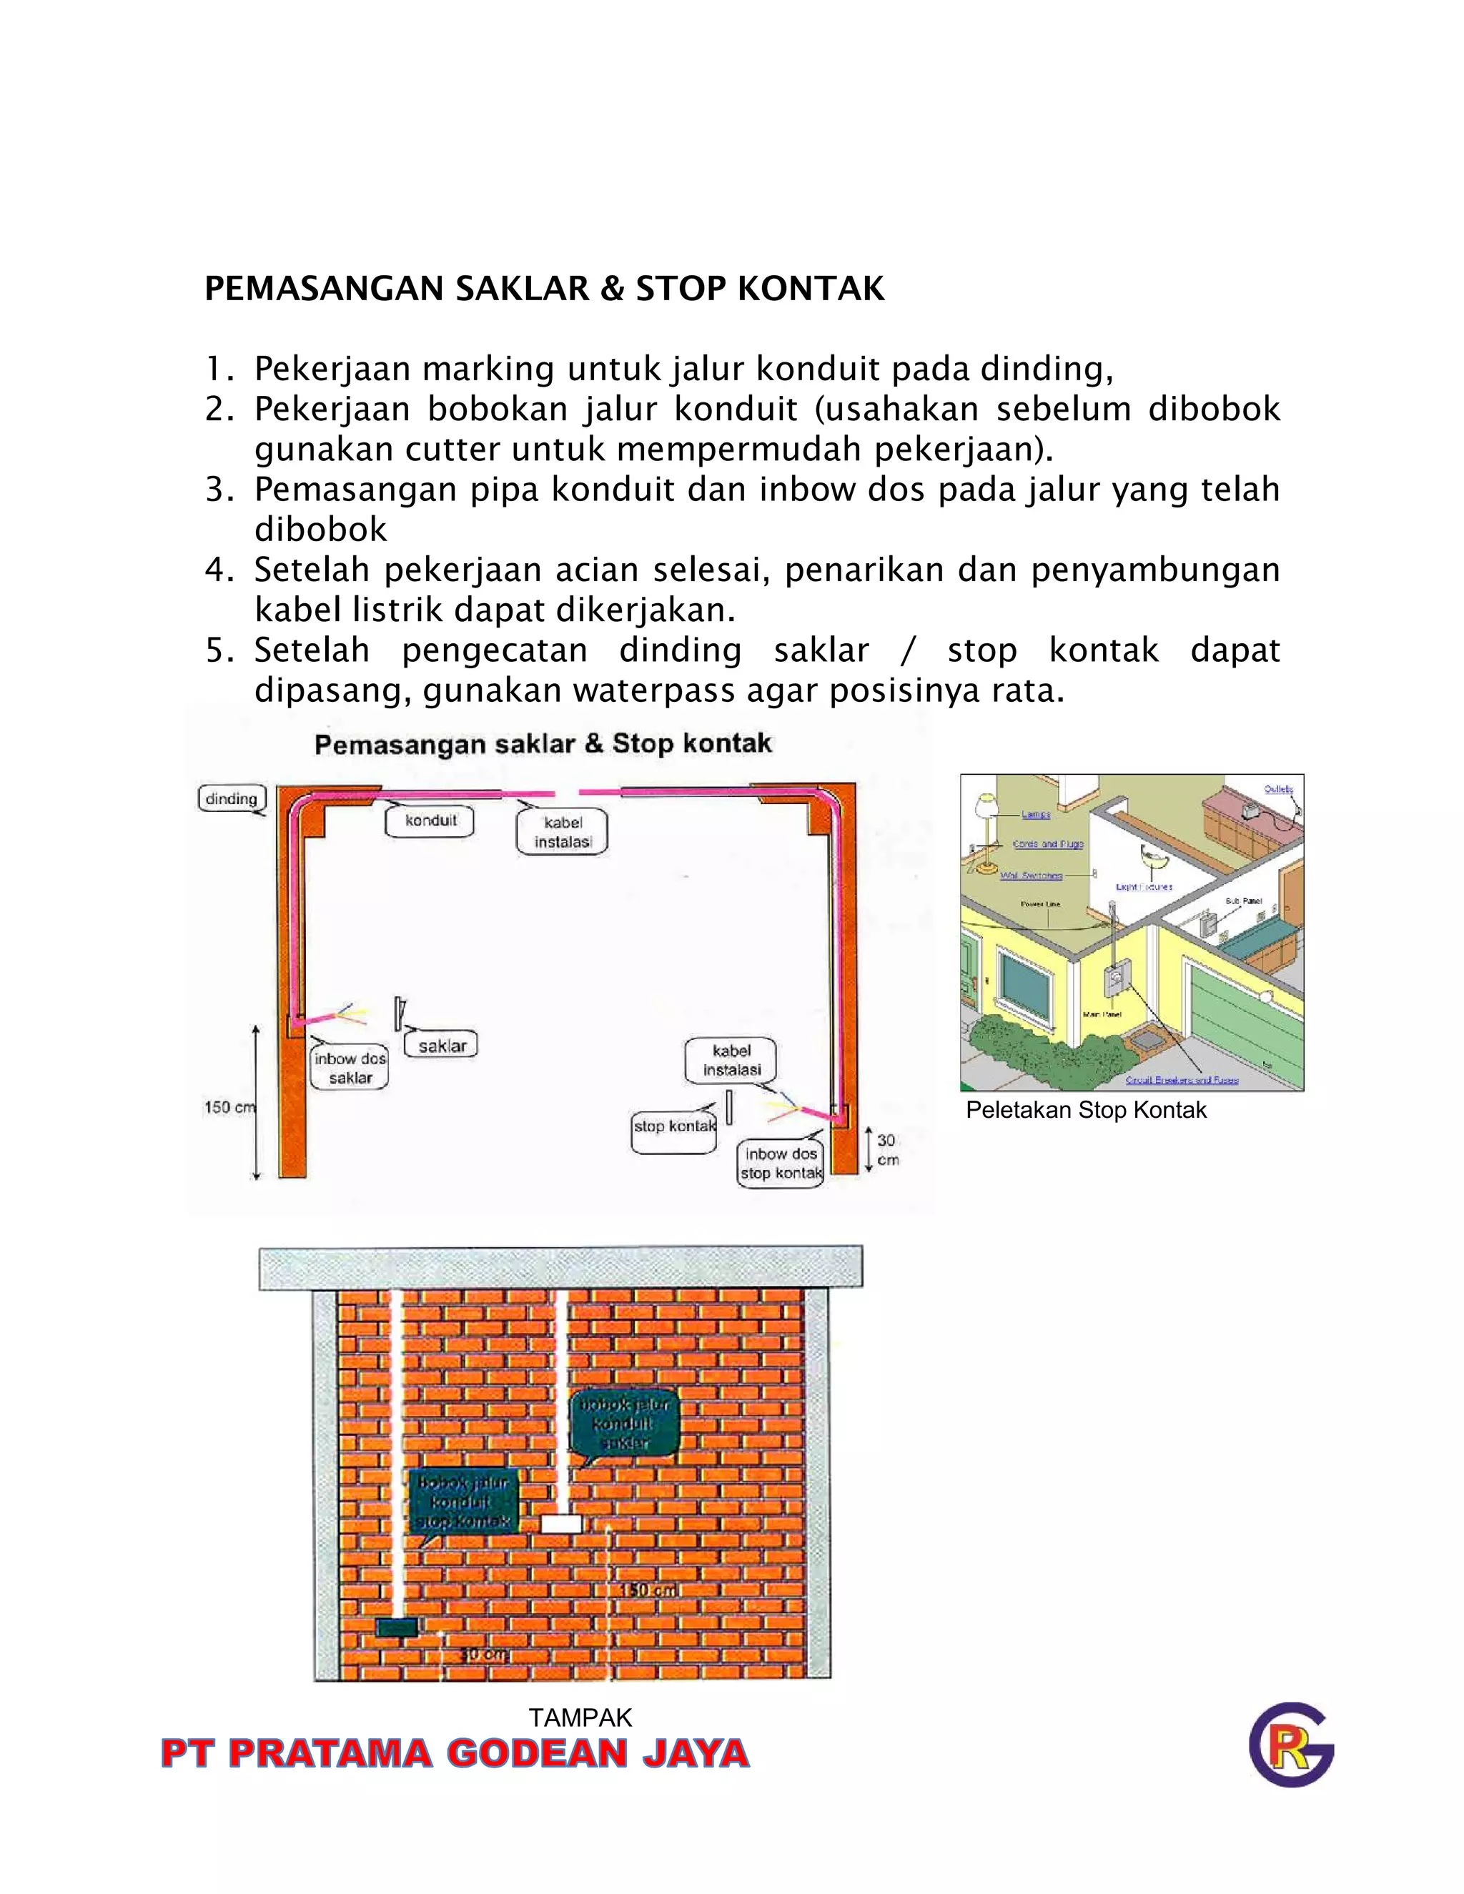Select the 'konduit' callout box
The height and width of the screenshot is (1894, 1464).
(430, 820)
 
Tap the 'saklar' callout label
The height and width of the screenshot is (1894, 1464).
(442, 1046)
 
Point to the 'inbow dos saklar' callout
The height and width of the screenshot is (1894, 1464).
(350, 1069)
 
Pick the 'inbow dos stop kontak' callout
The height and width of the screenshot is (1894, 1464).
(781, 1164)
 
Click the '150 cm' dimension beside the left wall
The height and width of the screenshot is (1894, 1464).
(228, 1107)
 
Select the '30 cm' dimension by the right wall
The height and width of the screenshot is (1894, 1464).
(886, 1150)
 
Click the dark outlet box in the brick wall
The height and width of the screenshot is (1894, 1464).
(396, 1627)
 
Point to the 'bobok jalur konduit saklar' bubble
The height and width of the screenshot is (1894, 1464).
(623, 1423)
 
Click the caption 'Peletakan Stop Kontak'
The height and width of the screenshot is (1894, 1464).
(1086, 1110)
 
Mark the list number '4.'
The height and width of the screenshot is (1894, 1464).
(219, 570)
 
